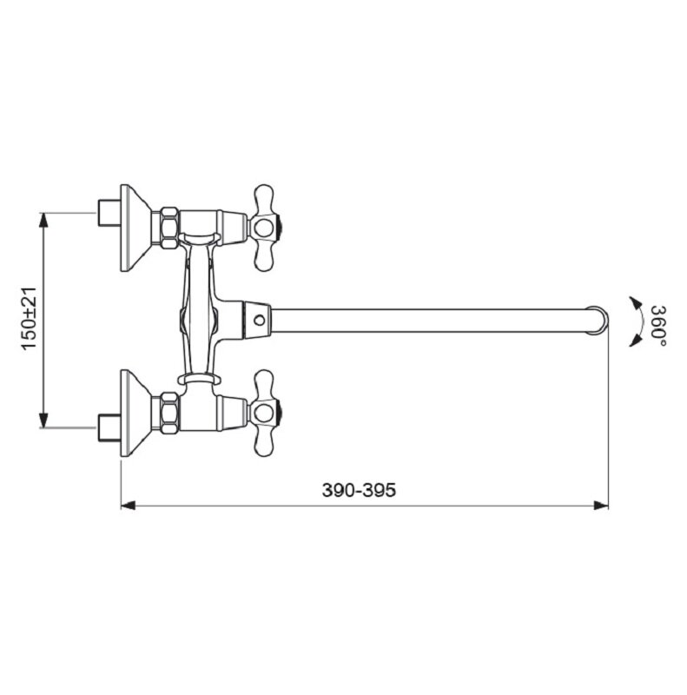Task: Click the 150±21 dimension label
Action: (30, 318)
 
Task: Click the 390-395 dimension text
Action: (359, 490)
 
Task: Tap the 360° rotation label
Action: (658, 326)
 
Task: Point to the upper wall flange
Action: (136, 228)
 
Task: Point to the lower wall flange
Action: (136, 414)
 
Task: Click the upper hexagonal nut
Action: (169, 228)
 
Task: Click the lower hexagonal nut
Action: (169, 414)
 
